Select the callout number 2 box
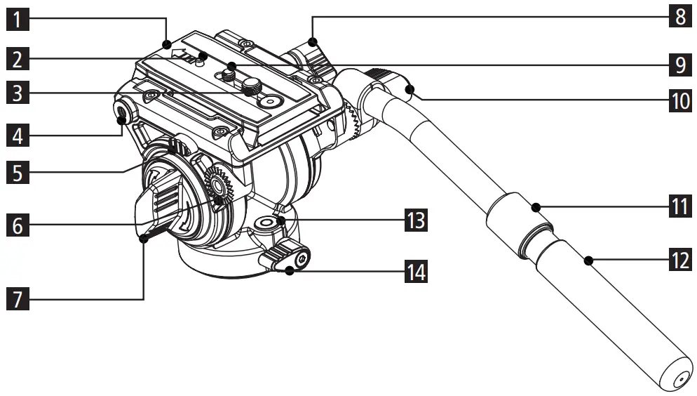(x=19, y=58)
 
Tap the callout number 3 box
(x=19, y=93)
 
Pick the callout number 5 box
(x=19, y=171)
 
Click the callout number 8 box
(x=678, y=15)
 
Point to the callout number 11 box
(x=678, y=206)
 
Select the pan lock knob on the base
(x=285, y=256)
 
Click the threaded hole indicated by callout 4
(x=124, y=111)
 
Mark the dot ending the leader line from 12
(x=588, y=260)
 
